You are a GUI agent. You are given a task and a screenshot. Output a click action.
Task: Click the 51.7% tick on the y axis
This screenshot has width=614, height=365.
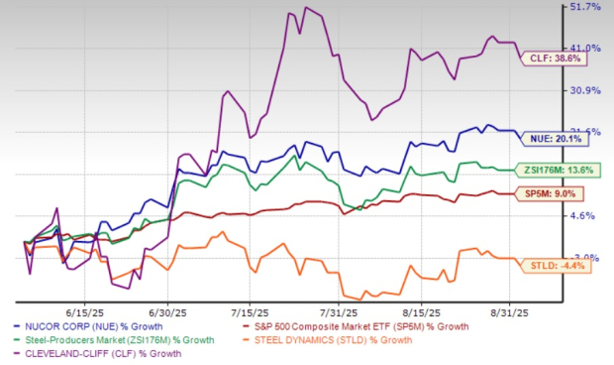click(585, 8)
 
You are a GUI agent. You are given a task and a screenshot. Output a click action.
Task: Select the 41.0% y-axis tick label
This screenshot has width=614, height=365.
click(585, 48)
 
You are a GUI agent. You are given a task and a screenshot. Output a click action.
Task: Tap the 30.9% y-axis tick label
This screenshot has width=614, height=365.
click(585, 90)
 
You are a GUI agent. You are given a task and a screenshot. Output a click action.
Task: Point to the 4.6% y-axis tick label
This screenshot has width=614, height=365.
click(585, 215)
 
